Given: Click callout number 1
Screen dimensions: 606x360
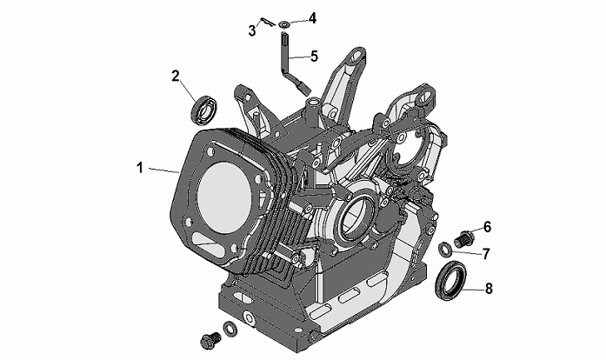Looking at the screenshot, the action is pyautogui.click(x=139, y=168).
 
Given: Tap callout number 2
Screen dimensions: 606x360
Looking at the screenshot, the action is pyautogui.click(x=176, y=76).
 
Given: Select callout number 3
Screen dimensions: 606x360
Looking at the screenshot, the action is pyautogui.click(x=252, y=30).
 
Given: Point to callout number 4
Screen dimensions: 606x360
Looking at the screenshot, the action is pyautogui.click(x=312, y=17).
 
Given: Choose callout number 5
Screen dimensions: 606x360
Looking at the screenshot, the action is pyautogui.click(x=314, y=56).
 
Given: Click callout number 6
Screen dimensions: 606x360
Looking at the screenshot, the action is pyautogui.click(x=487, y=227).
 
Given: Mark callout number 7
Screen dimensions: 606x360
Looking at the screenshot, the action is pyautogui.click(x=486, y=254).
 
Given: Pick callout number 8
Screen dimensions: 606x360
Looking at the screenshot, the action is pyautogui.click(x=489, y=289).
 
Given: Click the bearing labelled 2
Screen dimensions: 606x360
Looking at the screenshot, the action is pyautogui.click(x=203, y=112).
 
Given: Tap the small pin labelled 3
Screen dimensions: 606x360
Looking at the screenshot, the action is pyautogui.click(x=268, y=23).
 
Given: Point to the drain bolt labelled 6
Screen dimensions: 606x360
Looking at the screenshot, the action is pyautogui.click(x=463, y=238).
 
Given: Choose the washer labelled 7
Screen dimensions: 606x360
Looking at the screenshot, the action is pyautogui.click(x=445, y=249).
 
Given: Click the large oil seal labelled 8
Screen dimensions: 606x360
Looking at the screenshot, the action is pyautogui.click(x=450, y=280).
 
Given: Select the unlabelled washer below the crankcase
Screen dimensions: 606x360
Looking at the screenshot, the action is pyautogui.click(x=230, y=329).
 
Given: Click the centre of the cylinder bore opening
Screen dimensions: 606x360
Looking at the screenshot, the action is pyautogui.click(x=224, y=203).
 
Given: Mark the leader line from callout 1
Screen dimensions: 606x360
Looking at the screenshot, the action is pyautogui.click(x=163, y=170).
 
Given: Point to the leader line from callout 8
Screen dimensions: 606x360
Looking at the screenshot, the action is pyautogui.click(x=473, y=289).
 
